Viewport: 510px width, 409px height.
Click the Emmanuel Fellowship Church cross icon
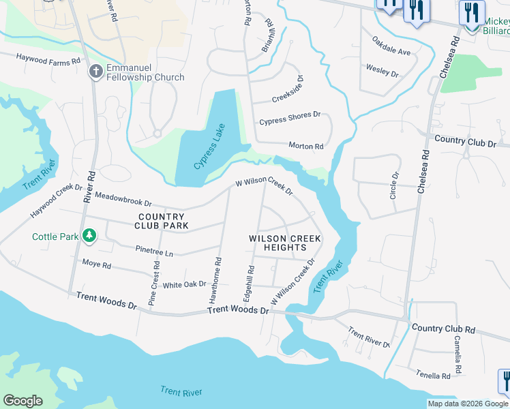click(96, 71)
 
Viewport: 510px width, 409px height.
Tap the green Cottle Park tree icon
click(88, 236)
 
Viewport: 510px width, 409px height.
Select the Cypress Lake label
click(208, 147)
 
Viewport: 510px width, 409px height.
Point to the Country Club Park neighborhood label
click(161, 220)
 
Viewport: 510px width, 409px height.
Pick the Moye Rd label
click(96, 263)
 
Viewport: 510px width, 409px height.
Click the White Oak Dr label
click(184, 284)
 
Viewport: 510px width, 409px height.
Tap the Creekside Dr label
click(288, 89)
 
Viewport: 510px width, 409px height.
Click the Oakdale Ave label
click(391, 52)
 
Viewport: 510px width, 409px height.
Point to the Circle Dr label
click(394, 184)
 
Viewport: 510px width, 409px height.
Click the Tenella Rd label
click(433, 375)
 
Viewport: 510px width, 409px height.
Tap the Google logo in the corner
click(22, 401)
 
